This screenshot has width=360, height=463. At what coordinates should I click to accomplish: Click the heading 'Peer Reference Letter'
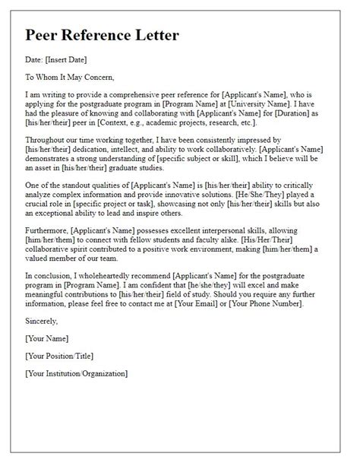click(103, 36)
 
